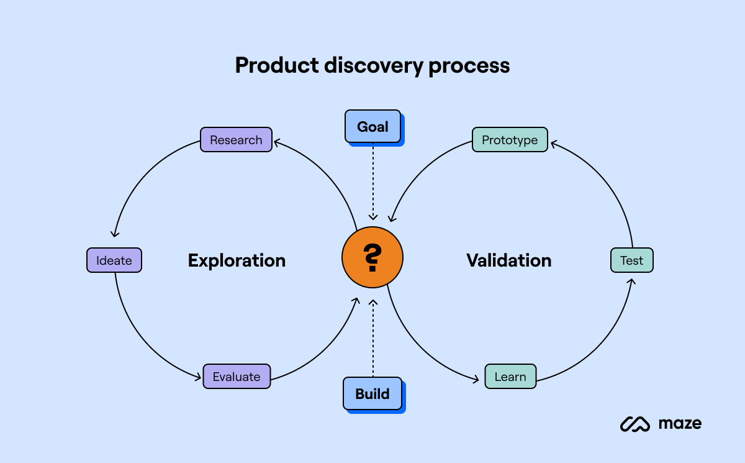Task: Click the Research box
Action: coord(236,140)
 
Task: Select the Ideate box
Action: coord(114,260)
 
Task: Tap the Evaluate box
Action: coord(237,377)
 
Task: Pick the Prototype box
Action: coord(510,140)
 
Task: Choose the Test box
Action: coord(632,260)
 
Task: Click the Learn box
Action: coord(510,377)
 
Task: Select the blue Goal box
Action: coord(372,127)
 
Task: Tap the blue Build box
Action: coord(372,394)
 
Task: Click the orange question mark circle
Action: coord(372,257)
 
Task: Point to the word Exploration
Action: coord(237,260)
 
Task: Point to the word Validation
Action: coord(508,260)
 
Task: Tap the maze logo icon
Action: coord(635,424)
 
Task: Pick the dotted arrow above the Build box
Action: coord(372,339)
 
